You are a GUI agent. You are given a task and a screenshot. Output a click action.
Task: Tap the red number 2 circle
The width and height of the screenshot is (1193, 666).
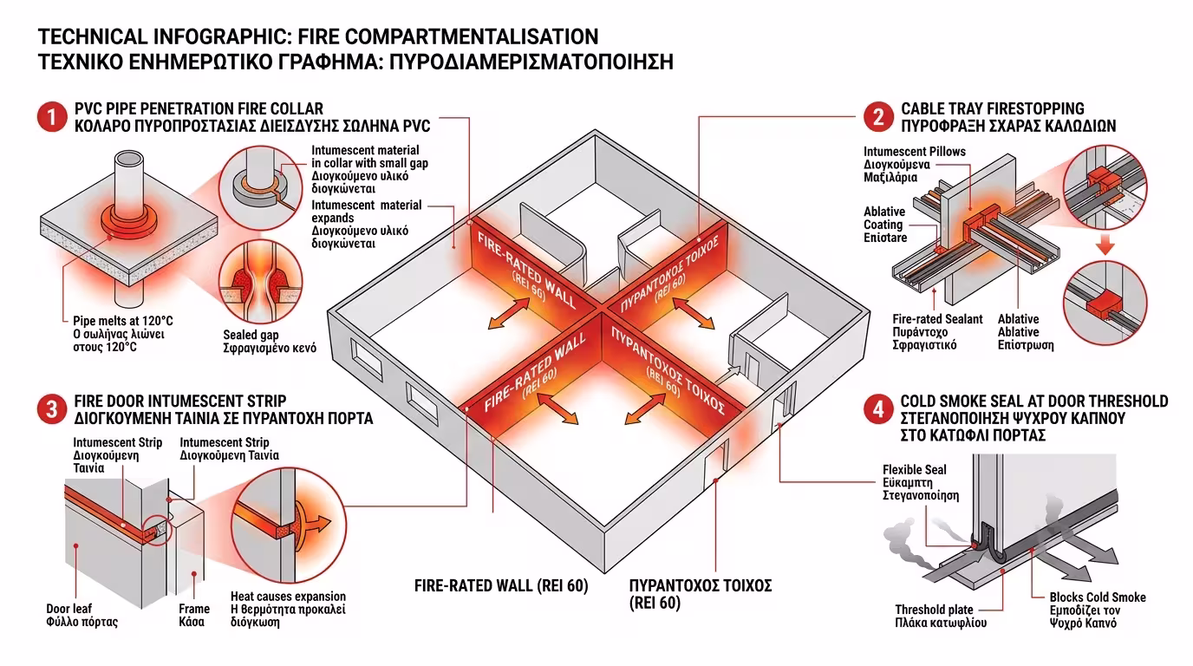pyautogui.click(x=878, y=117)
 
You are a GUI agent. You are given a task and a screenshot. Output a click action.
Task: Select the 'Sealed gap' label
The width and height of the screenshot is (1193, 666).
pyautogui.click(x=251, y=336)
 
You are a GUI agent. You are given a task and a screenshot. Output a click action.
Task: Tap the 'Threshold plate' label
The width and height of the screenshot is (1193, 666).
pyautogui.click(x=934, y=610)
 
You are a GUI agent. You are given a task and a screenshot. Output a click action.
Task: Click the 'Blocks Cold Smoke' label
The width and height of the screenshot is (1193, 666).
pyautogui.click(x=1097, y=597)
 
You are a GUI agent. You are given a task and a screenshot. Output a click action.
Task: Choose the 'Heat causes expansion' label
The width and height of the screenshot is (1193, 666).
pyautogui.click(x=288, y=596)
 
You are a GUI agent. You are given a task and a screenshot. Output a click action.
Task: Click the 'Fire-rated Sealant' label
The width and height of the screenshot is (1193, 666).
pyautogui.click(x=937, y=319)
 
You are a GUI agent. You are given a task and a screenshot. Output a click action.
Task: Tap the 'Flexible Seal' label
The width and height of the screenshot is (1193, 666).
pyautogui.click(x=915, y=469)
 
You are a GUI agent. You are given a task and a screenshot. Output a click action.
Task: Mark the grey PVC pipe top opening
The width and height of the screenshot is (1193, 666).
pyautogui.click(x=129, y=160)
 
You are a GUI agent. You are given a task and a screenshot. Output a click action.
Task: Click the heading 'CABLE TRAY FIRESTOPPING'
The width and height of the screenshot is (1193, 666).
pyautogui.click(x=992, y=109)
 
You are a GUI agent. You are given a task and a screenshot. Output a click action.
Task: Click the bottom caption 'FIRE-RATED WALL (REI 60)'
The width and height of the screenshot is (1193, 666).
pyautogui.click(x=501, y=585)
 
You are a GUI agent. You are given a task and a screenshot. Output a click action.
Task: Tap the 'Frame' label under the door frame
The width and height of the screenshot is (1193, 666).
pyautogui.click(x=194, y=609)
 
